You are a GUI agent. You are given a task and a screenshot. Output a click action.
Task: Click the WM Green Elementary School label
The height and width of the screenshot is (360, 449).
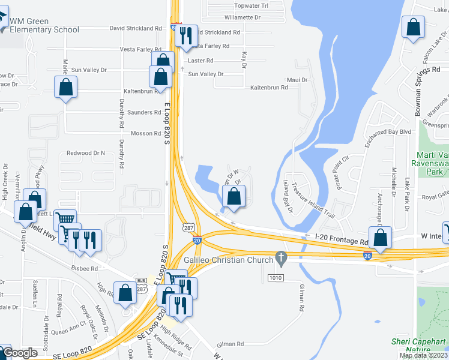44,25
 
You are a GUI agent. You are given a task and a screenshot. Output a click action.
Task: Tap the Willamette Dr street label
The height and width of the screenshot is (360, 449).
241,18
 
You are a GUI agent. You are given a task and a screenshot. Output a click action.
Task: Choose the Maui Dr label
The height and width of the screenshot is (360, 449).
297,80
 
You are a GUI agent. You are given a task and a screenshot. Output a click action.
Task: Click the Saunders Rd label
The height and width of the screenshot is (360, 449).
144,112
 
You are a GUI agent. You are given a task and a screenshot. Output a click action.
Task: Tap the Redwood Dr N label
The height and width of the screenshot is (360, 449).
86,153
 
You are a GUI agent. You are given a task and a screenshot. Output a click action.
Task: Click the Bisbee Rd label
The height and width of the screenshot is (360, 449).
84,269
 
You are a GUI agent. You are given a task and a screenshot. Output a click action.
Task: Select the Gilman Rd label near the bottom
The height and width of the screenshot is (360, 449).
231,344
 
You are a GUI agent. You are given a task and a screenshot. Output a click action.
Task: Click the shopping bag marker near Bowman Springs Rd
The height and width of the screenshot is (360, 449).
413,27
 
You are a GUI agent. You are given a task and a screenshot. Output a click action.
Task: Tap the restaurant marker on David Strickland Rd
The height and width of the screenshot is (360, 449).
185,36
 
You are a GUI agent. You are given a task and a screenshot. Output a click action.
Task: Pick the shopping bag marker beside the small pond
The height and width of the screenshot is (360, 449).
234,196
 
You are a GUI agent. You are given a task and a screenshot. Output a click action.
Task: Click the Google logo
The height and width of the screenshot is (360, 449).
20,353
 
